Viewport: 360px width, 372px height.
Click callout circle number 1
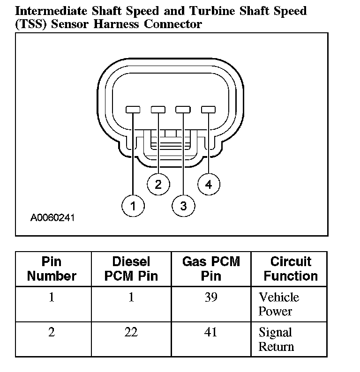click(134, 206)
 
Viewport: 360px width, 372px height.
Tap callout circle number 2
click(158, 184)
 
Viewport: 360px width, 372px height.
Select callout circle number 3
click(183, 206)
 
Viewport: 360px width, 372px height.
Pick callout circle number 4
click(209, 184)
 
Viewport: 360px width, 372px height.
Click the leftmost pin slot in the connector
click(134, 110)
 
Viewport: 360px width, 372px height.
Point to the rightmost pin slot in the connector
click(208, 110)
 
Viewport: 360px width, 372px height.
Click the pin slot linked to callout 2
click(158, 110)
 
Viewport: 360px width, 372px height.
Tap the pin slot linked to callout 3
click(183, 110)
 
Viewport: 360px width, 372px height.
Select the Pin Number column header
click(52, 268)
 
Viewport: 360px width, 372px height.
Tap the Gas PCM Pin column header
click(211, 268)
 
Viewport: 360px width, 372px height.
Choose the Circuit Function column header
click(291, 268)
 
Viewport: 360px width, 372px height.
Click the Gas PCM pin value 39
click(211, 297)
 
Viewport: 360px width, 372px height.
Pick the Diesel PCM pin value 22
click(131, 332)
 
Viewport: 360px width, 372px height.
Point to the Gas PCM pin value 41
click(211, 332)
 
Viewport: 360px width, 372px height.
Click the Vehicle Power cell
click(278, 304)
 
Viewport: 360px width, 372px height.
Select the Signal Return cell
click(276, 340)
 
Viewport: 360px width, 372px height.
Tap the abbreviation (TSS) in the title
click(31, 24)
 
